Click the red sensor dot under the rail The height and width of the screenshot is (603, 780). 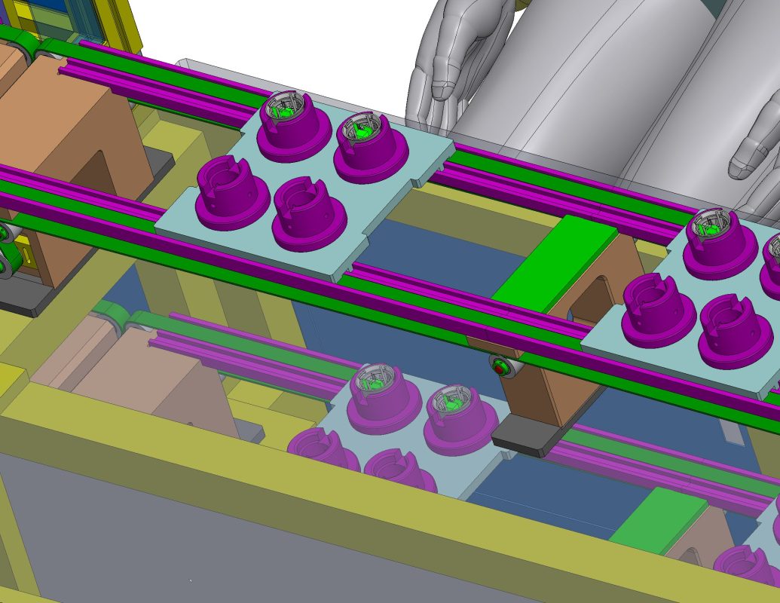498,368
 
